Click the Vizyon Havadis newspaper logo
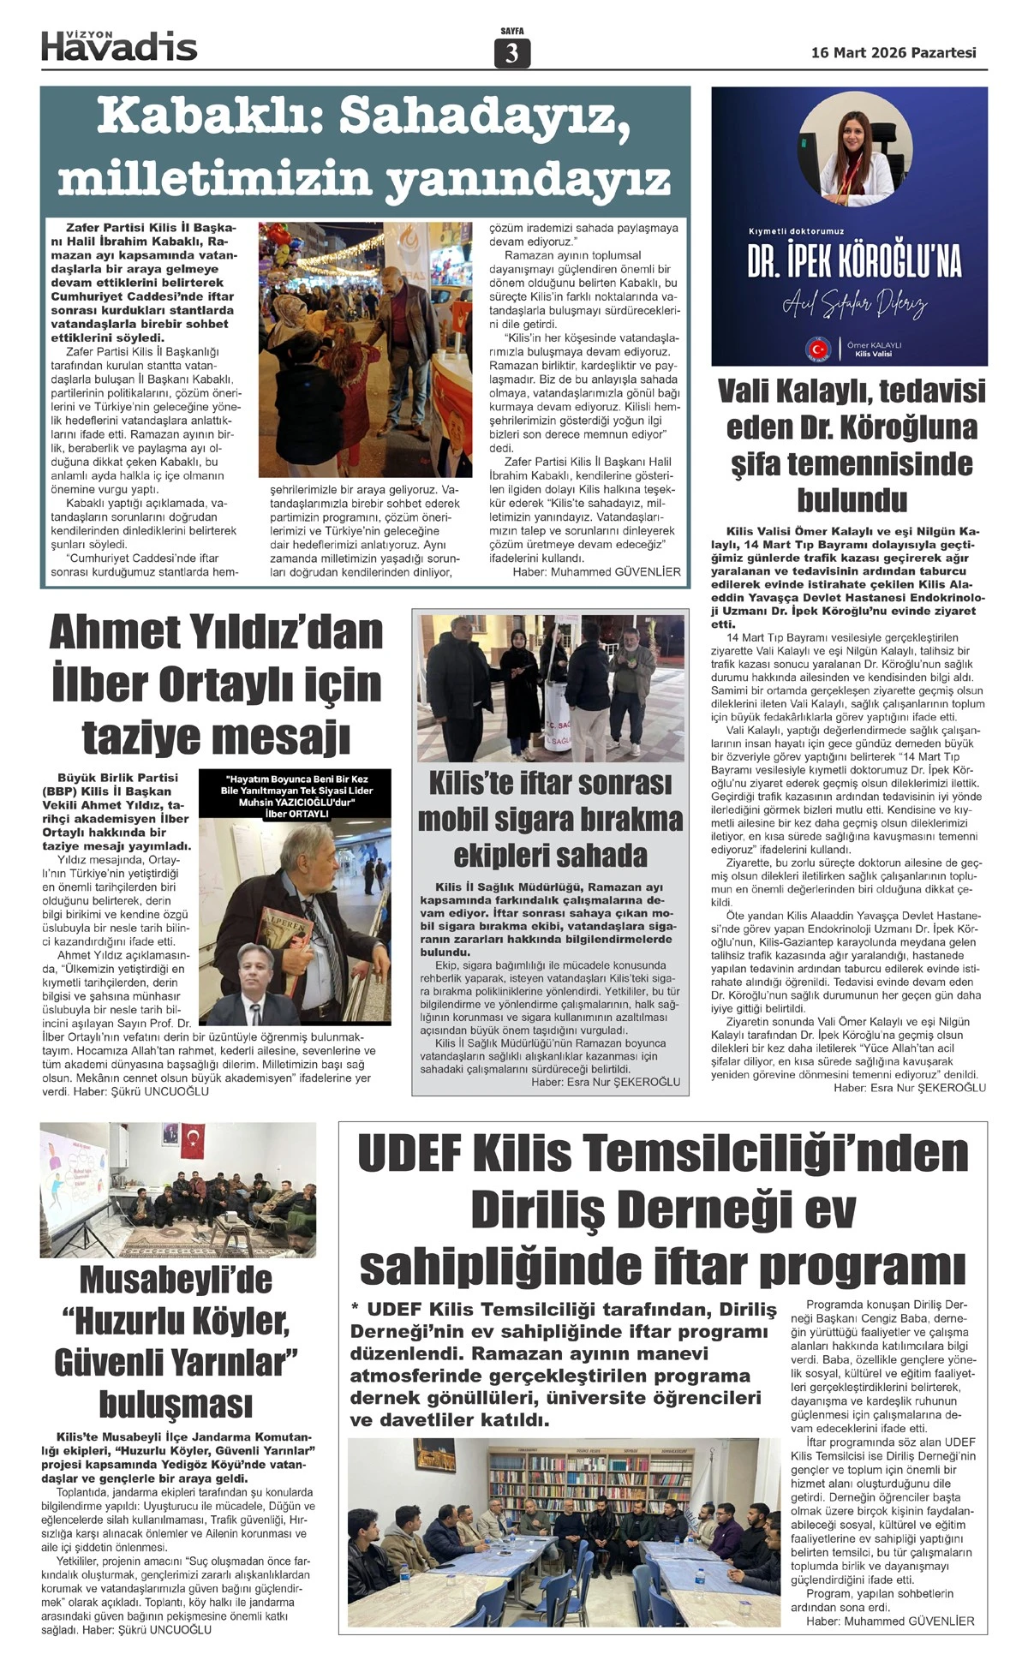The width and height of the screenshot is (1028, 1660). pyautogui.click(x=119, y=45)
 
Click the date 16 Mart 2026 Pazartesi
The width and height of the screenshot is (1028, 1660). pyautogui.click(x=894, y=53)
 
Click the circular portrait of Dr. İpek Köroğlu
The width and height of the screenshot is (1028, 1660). pyautogui.click(x=850, y=149)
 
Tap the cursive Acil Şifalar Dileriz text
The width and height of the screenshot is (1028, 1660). pyautogui.click(x=854, y=303)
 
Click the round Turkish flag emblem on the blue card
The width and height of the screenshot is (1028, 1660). pyautogui.click(x=818, y=349)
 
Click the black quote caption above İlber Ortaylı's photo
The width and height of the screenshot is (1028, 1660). pyautogui.click(x=296, y=795)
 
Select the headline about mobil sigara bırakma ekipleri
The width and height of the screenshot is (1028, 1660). pyautogui.click(x=550, y=819)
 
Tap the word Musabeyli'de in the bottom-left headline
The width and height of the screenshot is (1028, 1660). pyautogui.click(x=176, y=1280)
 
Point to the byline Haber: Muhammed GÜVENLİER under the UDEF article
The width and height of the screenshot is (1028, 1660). pyautogui.click(x=890, y=1621)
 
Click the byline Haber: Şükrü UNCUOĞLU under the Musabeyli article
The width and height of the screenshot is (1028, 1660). pyautogui.click(x=146, y=1629)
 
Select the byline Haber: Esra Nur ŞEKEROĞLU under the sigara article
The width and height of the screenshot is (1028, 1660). pyautogui.click(x=605, y=1082)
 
